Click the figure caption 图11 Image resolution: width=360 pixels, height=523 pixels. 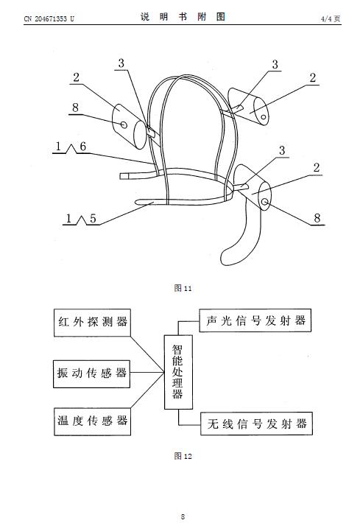183,288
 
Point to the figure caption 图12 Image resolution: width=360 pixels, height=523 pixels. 183,456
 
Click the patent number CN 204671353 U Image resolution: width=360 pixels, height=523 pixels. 49,18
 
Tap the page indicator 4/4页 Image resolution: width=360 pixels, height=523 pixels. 331,18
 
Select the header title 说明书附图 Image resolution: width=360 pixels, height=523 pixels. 183,17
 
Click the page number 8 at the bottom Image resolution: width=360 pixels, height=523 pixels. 183,516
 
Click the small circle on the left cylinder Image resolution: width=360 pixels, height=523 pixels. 124,124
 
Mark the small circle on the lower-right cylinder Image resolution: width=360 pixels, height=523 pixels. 265,201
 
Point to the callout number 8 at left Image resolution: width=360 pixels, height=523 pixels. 76,108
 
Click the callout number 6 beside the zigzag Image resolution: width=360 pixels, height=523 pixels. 83,147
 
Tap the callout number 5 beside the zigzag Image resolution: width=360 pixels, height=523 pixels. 93,219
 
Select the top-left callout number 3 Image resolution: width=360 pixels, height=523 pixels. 121,63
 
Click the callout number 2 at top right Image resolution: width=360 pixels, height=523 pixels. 313,78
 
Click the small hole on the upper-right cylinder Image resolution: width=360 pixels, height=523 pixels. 264,117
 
